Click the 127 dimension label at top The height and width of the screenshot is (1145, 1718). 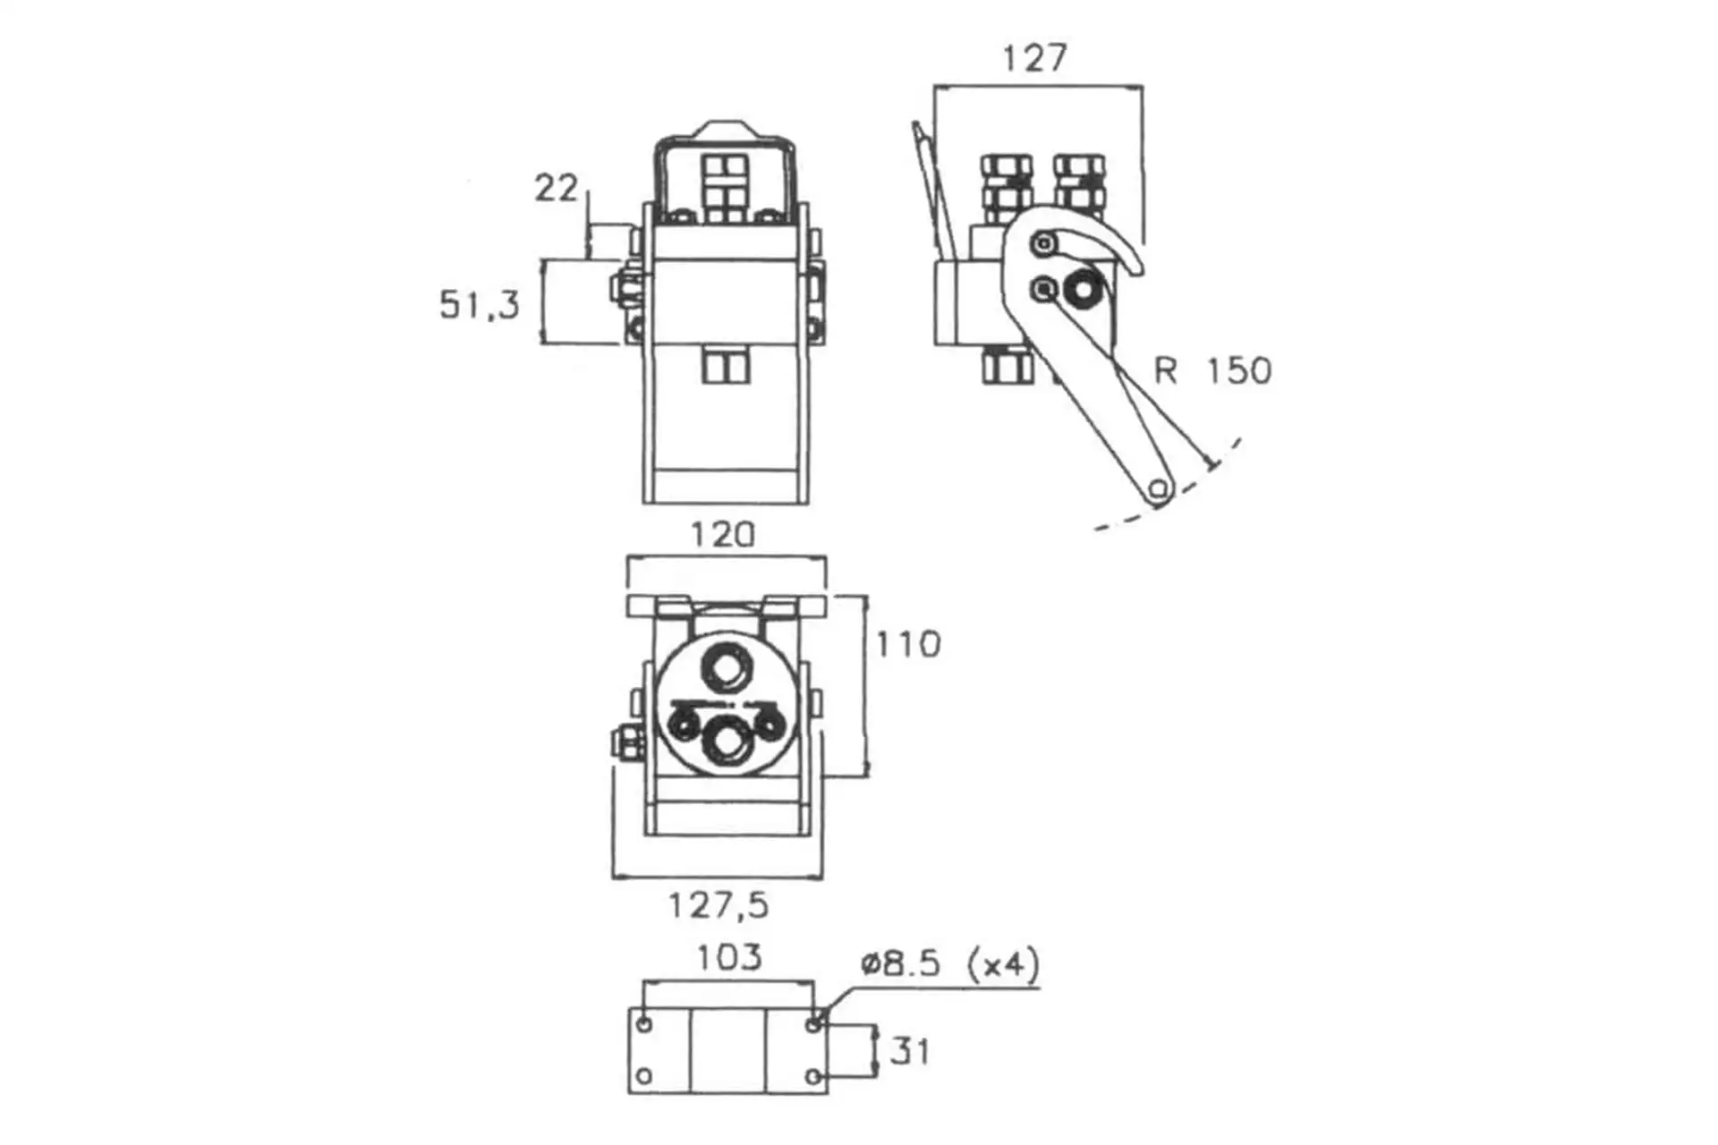pyautogui.click(x=1034, y=58)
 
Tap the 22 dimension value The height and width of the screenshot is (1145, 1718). pyautogui.click(x=557, y=188)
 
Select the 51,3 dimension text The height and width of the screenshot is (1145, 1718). pyautogui.click(x=479, y=304)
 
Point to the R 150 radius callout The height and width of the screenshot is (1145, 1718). pyautogui.click(x=1212, y=370)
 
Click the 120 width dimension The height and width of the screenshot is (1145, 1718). pyautogui.click(x=723, y=535)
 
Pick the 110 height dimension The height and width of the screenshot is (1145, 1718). pyautogui.click(x=908, y=644)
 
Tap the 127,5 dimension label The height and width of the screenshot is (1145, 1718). pyautogui.click(x=719, y=906)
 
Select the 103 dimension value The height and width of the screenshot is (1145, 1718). pyautogui.click(x=729, y=958)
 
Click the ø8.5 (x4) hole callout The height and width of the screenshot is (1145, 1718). pyautogui.click(x=950, y=964)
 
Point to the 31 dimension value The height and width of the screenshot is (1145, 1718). pyautogui.click(x=910, y=1051)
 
